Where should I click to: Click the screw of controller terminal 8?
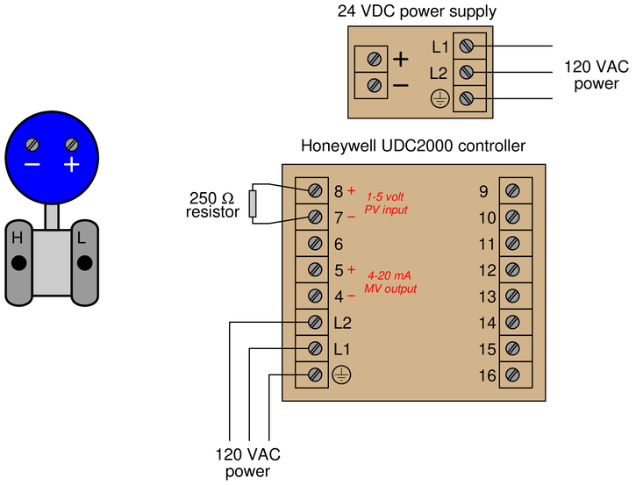click(x=315, y=190)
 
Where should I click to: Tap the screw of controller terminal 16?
click(x=512, y=374)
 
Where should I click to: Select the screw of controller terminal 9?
click(x=512, y=190)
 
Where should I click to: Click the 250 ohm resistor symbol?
click(x=253, y=203)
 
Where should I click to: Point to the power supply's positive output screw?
click(x=374, y=60)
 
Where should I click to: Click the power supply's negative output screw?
click(x=374, y=86)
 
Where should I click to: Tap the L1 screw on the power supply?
click(x=467, y=46)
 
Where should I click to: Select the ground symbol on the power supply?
click(x=439, y=98)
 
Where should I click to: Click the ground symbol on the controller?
click(x=341, y=374)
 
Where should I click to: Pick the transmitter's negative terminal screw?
click(x=32, y=145)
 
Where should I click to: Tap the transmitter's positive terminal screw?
click(x=72, y=145)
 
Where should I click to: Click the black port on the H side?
click(x=18, y=263)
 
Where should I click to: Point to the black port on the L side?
click(x=85, y=263)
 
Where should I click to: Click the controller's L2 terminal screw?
click(x=315, y=322)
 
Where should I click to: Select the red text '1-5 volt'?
click(x=385, y=197)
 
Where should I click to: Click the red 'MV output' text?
click(x=390, y=289)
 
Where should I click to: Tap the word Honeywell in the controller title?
click(x=339, y=146)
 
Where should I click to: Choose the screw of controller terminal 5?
click(x=315, y=269)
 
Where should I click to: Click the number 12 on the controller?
click(x=487, y=270)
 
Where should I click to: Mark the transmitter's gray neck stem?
click(x=52, y=217)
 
